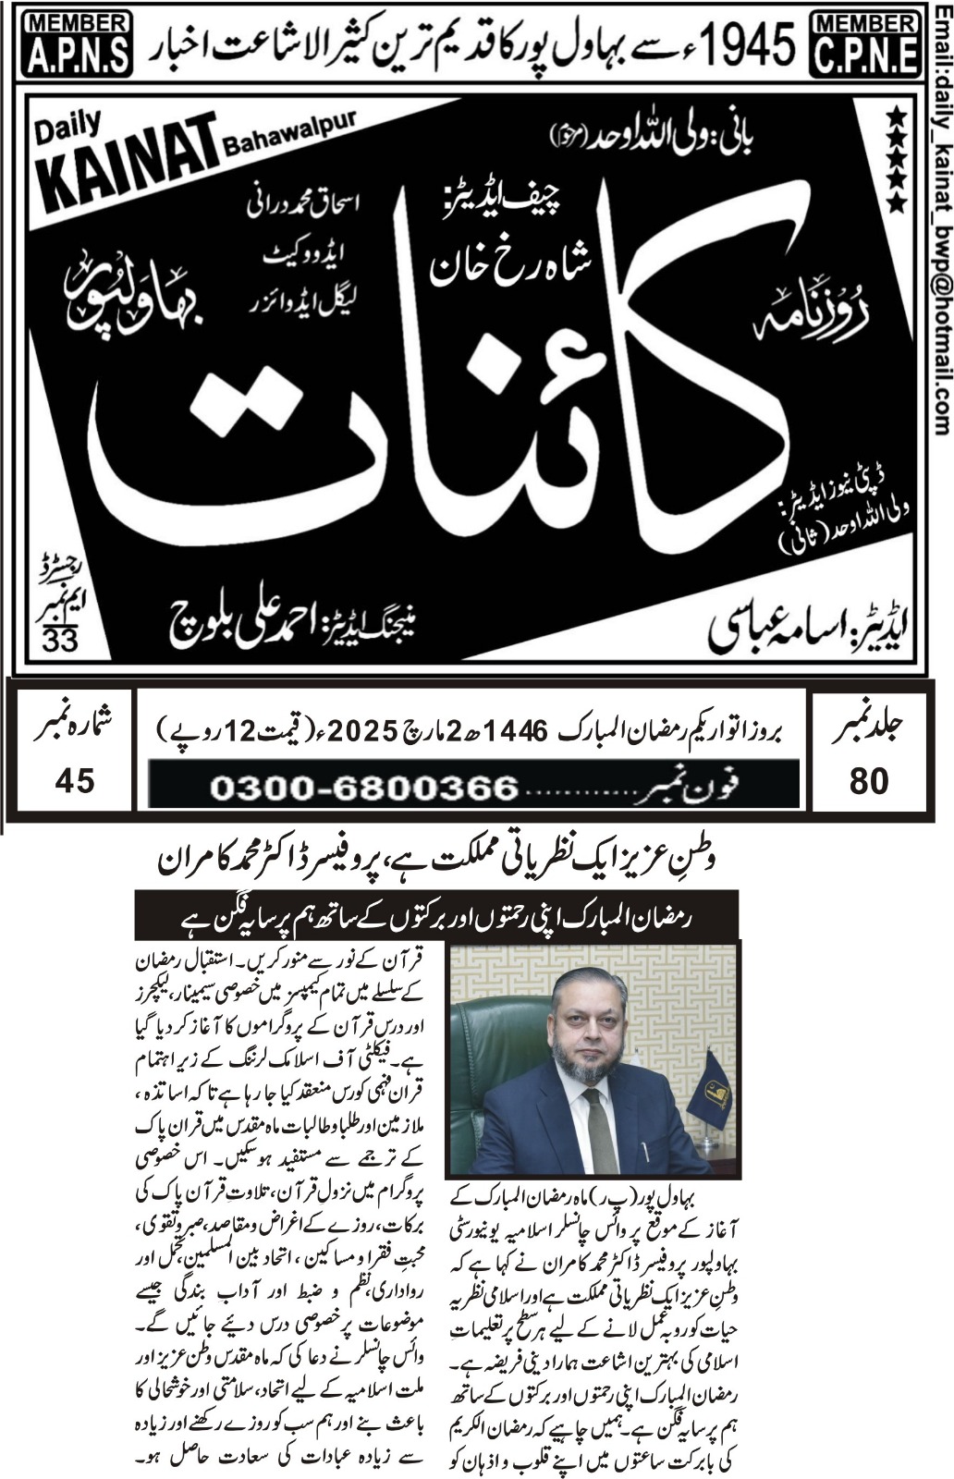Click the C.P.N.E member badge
864,43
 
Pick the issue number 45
74,781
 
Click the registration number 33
60,640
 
